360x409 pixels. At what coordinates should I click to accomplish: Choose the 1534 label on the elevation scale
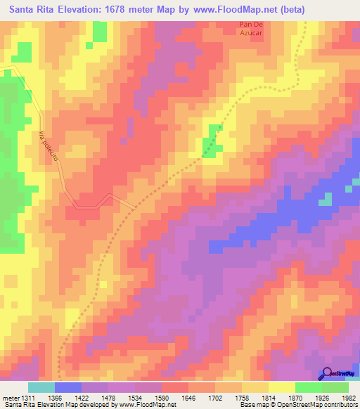click(146, 398)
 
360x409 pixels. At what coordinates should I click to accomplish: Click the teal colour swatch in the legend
click(41, 387)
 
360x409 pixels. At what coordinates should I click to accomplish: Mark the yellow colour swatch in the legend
click(282, 387)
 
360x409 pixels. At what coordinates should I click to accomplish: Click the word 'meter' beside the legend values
click(10, 398)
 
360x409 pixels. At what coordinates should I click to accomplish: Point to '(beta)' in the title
click(290, 9)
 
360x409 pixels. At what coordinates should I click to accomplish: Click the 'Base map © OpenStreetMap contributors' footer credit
click(297, 405)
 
